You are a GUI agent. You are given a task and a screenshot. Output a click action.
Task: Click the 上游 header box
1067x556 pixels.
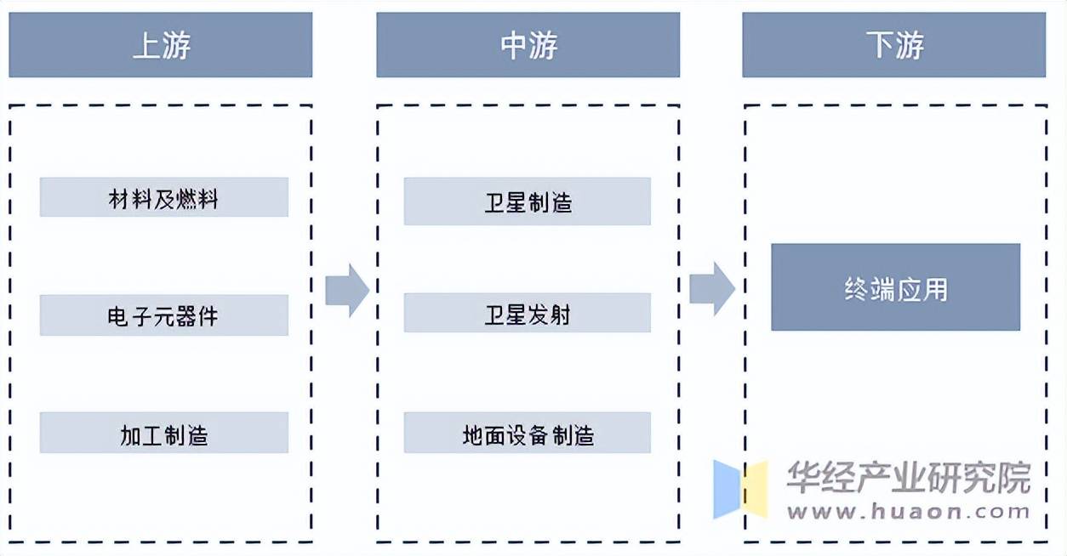160,45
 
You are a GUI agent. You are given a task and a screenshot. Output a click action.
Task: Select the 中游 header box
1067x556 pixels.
528,45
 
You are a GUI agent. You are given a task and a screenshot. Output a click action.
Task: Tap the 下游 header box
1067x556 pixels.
893,45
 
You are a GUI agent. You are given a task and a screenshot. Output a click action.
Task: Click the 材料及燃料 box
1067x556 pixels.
163,198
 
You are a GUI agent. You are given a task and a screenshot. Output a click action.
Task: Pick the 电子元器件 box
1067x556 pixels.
163,315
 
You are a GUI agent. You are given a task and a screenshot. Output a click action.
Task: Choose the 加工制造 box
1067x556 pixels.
163,434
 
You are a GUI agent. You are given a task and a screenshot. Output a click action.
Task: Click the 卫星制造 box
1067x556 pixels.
527,201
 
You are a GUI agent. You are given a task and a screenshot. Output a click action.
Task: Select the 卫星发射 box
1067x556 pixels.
527,313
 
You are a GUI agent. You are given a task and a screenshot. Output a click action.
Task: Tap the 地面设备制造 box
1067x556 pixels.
527,434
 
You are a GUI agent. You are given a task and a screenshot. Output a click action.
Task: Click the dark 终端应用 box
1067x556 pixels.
895,288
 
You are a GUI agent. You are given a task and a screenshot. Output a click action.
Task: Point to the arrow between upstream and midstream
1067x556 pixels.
346,290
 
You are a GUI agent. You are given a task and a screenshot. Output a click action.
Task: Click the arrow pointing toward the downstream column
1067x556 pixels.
711,288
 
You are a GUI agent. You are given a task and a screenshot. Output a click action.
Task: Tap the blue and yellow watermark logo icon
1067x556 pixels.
739,490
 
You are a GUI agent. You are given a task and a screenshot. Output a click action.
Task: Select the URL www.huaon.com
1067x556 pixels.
908,512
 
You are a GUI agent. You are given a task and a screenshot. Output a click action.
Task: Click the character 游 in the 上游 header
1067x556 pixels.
176,46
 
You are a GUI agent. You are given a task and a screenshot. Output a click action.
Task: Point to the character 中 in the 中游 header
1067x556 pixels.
514,46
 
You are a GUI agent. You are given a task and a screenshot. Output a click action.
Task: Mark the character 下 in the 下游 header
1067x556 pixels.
880,46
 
